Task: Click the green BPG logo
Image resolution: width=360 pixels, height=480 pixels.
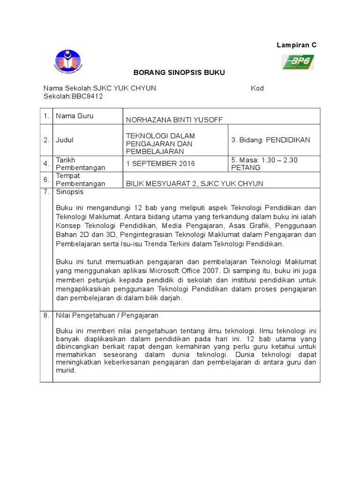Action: [x=297, y=61]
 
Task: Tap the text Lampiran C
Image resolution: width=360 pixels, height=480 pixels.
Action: [x=296, y=45]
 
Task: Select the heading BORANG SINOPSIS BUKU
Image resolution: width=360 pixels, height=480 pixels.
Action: [x=179, y=73]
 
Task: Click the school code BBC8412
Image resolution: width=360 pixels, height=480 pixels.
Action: [x=87, y=96]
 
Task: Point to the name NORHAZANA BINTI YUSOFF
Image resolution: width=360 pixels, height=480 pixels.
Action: [x=174, y=120]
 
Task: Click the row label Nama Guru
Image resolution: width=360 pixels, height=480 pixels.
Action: [x=75, y=116]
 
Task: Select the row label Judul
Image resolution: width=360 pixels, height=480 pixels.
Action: [x=65, y=140]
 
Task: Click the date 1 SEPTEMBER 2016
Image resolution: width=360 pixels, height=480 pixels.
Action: [x=160, y=164]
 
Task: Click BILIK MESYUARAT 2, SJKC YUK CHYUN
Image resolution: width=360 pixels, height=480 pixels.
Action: [x=195, y=183]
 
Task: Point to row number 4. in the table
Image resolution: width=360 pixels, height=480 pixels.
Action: [x=46, y=164]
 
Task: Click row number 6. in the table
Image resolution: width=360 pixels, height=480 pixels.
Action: [x=46, y=180]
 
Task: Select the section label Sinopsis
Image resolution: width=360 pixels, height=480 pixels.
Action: [x=69, y=192]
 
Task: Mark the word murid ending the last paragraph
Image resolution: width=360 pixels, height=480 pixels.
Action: [x=65, y=370]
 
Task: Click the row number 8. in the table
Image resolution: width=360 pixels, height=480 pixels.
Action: [x=46, y=315]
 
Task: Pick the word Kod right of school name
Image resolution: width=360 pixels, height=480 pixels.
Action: [x=257, y=88]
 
